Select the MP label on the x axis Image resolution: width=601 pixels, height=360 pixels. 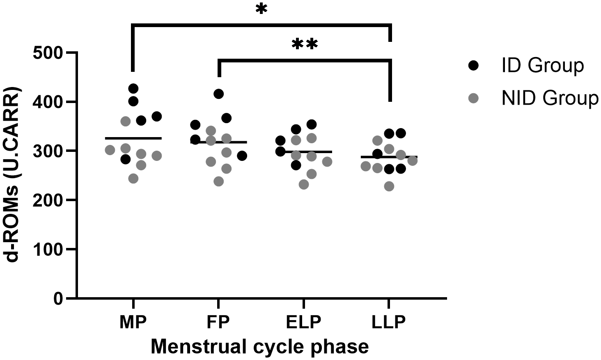tap(133, 322)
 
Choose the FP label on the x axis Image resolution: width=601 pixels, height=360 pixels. tap(218, 322)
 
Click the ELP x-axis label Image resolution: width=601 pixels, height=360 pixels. tap(303, 322)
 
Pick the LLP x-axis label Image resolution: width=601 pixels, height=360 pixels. tap(389, 322)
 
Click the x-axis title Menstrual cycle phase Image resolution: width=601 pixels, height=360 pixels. tap(259, 346)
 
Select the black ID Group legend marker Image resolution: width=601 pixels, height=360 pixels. tap(474, 66)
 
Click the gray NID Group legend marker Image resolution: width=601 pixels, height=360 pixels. tap(474, 99)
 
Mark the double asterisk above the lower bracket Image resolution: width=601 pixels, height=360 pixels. tap(305, 44)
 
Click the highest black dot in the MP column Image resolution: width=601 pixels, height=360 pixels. tap(133, 88)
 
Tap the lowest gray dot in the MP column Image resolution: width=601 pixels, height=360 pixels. tap(133, 179)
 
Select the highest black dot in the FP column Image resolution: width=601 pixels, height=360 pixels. tap(219, 94)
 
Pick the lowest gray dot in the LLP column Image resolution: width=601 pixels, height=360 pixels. tap(389, 186)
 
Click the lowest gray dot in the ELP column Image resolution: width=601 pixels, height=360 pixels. tap(304, 184)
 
